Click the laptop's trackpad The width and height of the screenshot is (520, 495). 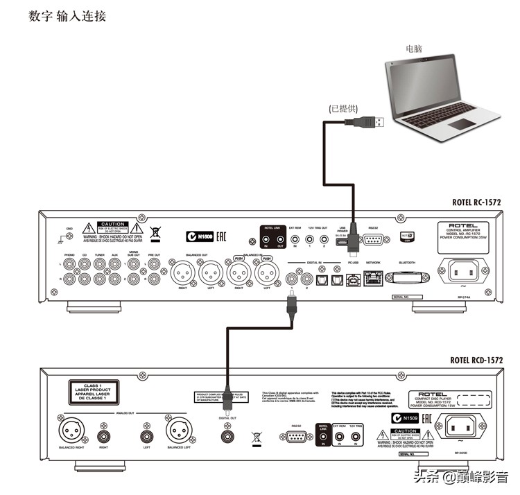[x=462, y=123]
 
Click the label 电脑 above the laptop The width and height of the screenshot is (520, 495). [x=417, y=50]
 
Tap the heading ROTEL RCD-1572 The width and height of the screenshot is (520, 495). [x=476, y=360]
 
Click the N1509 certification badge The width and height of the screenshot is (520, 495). [x=407, y=418]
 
